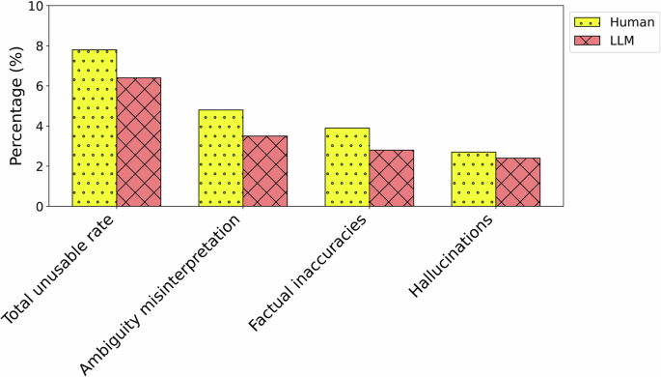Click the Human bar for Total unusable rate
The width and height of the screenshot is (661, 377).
coord(95,128)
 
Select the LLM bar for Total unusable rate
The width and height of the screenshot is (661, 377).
coord(139,142)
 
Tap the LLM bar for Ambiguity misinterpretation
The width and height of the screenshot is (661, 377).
coord(265,171)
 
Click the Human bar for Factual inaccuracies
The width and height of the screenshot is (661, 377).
coord(347,167)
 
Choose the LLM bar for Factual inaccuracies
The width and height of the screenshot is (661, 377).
coord(392,178)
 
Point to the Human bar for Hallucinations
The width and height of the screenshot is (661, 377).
coord(474,179)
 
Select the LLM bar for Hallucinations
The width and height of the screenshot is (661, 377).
coord(518,182)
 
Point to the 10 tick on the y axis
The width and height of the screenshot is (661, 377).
coord(36,6)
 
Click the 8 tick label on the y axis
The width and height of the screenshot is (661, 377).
coord(39,45)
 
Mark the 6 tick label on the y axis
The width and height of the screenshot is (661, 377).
coord(39,86)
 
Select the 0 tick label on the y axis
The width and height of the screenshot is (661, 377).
coord(39,206)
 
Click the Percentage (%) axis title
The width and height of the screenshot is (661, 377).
coord(14,105)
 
